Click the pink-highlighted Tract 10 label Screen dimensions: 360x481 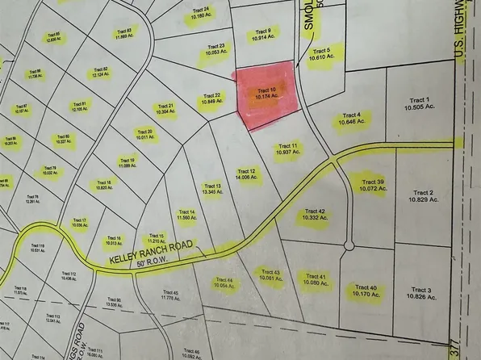tap(267, 94)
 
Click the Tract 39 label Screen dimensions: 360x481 tap(374, 186)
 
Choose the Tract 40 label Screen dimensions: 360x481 tap(367, 291)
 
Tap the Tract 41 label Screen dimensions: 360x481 tap(316, 280)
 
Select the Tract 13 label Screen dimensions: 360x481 tap(211, 189)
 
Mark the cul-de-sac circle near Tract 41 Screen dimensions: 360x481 tap(349, 245)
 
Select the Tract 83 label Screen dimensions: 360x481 tap(123, 33)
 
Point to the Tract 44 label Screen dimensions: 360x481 tap(224, 283)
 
